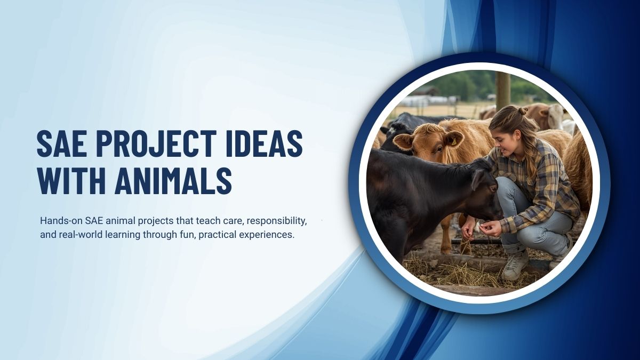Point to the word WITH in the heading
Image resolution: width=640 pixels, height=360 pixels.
[70, 181]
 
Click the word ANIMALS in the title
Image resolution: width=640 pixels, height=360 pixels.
[173, 181]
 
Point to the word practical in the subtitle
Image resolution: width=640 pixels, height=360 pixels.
[215, 235]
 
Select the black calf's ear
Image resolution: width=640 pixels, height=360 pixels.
[476, 179]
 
